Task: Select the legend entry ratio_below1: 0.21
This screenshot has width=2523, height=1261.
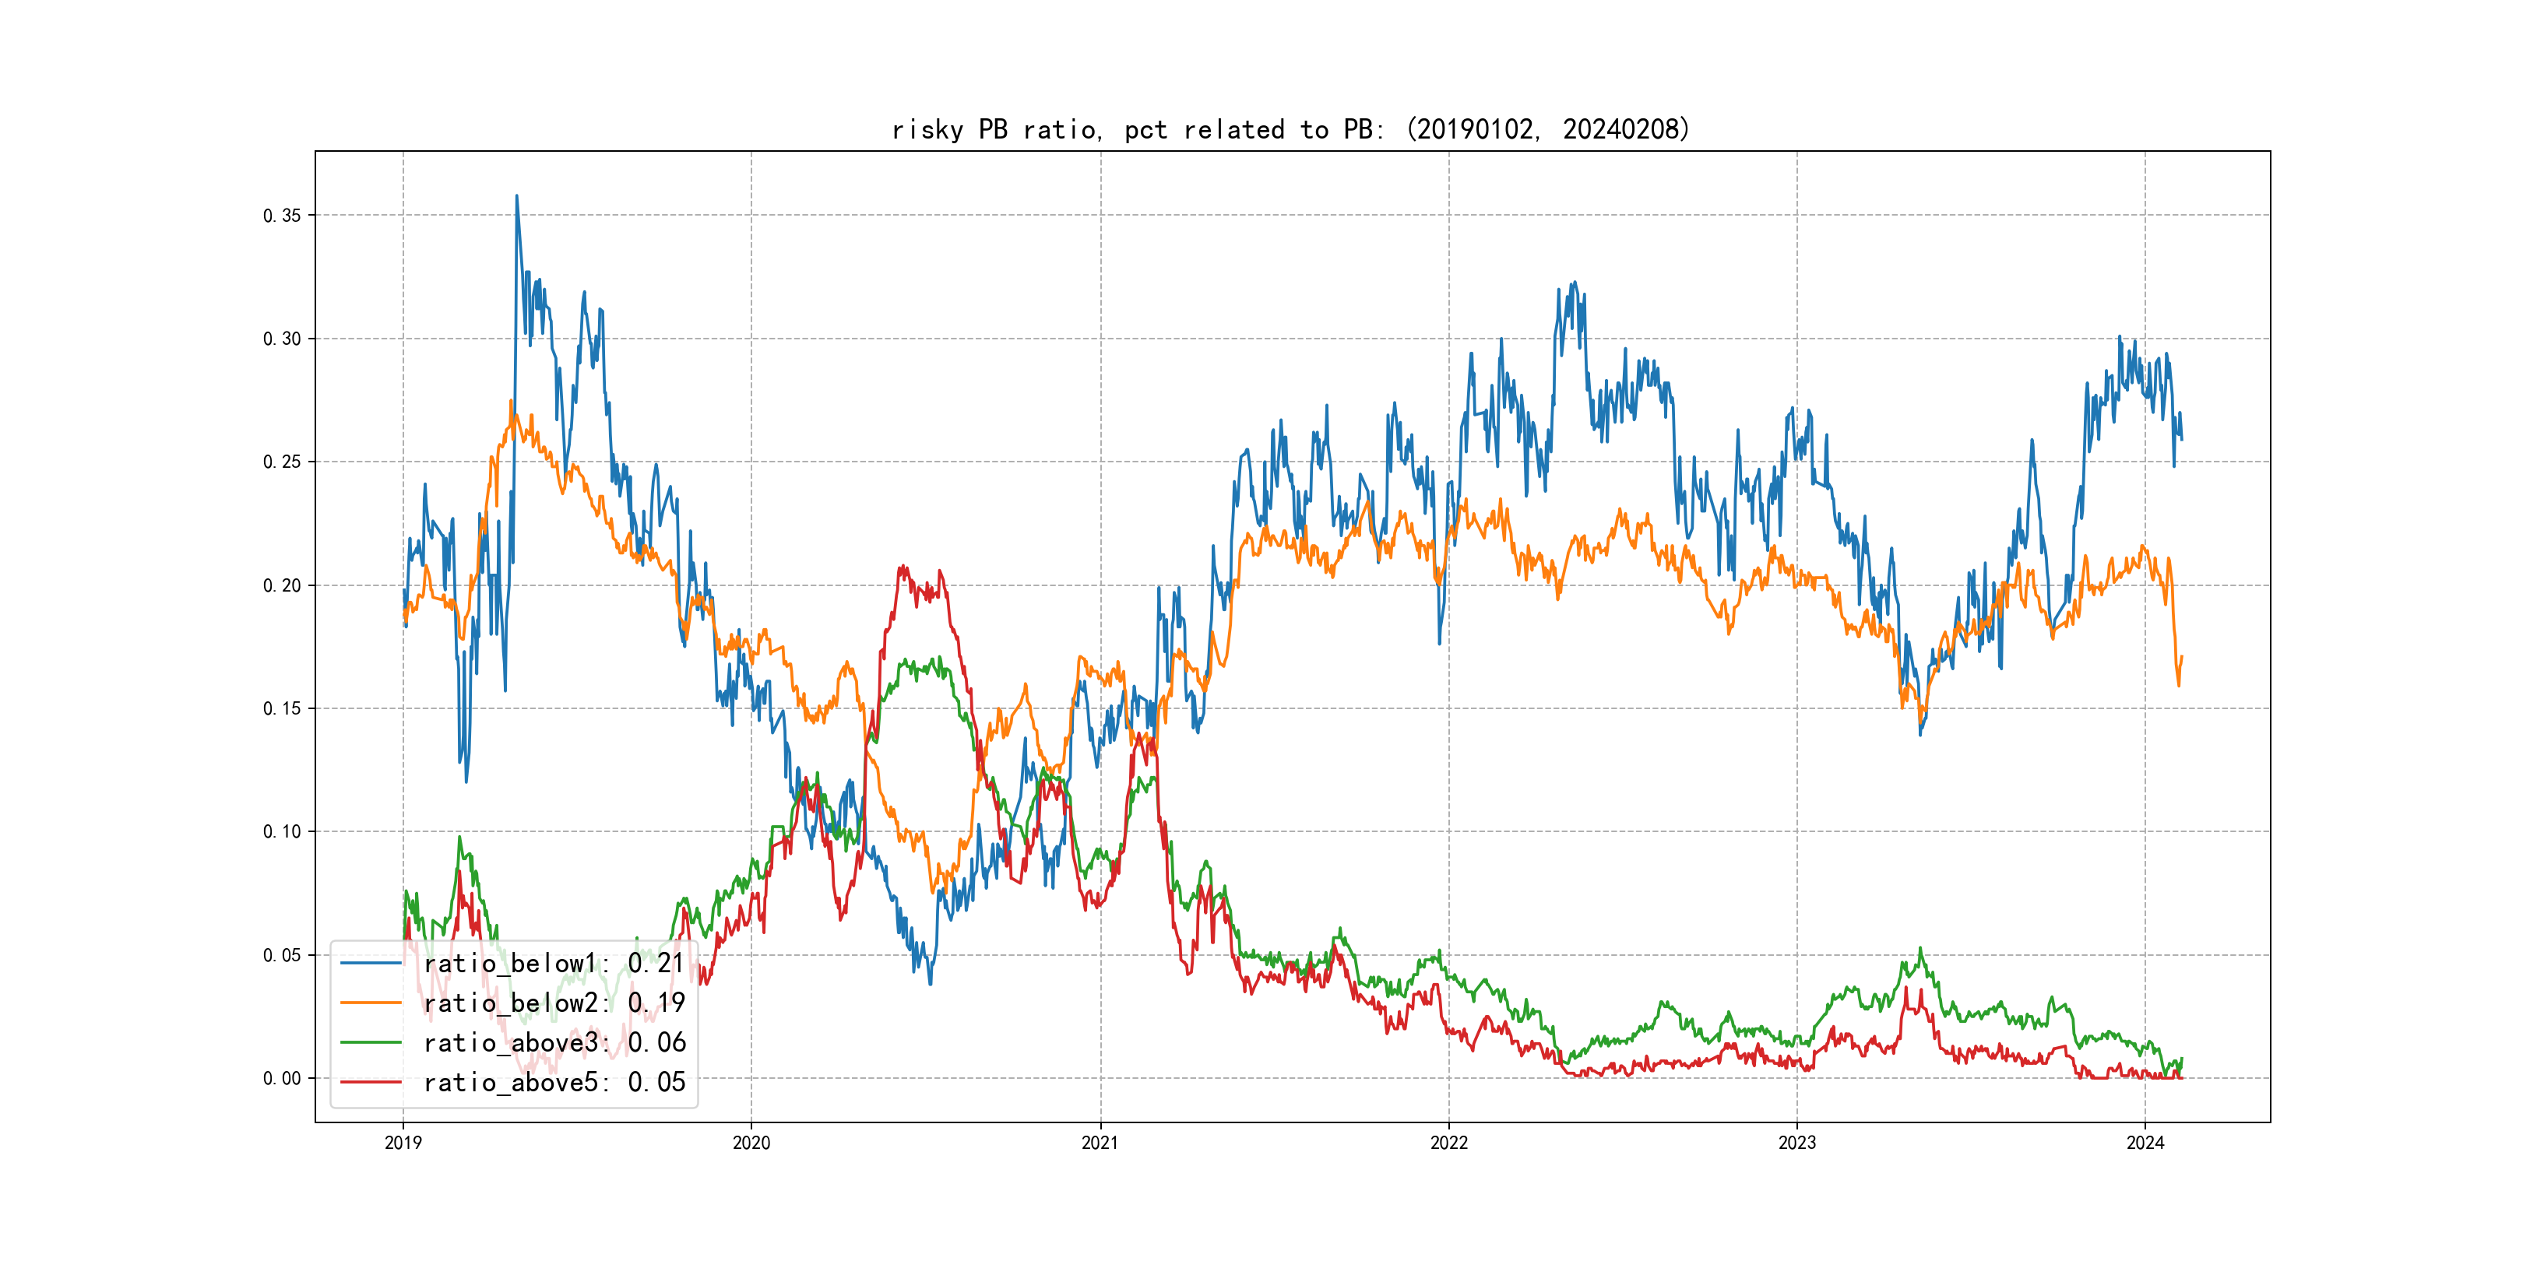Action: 554,964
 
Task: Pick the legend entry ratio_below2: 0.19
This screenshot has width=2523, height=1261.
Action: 554,1003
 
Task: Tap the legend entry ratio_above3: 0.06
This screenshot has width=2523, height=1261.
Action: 554,1043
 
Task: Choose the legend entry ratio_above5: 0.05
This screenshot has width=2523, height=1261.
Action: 554,1082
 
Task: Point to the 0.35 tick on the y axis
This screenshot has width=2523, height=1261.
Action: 282,216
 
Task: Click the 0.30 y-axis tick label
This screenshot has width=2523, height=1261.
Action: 282,339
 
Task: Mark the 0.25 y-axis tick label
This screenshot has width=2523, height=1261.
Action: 282,462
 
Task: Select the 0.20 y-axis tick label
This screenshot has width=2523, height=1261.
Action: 282,585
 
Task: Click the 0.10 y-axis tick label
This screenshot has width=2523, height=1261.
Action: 282,832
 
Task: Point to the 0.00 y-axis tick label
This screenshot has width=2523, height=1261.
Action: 282,1079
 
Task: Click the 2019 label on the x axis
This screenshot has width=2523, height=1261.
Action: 403,1143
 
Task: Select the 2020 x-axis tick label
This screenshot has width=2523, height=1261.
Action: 751,1143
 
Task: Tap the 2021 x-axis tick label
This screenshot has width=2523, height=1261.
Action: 1100,1143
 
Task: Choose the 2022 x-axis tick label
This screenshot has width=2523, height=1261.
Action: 1448,1143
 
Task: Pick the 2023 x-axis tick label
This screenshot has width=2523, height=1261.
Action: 1797,1143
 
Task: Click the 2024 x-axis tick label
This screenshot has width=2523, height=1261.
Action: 2145,1143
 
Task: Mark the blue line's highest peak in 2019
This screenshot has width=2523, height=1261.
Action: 516,196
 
